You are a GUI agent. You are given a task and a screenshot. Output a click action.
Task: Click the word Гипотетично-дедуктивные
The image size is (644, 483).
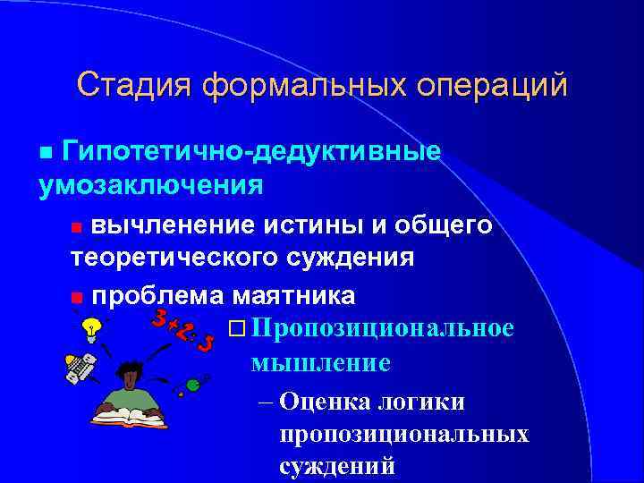pos(252,151)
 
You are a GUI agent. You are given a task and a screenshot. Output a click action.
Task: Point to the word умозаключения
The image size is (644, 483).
pos(150,185)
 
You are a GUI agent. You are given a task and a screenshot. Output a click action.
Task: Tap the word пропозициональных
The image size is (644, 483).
pos(403,434)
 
